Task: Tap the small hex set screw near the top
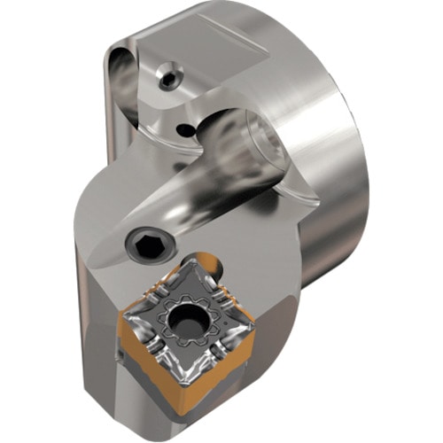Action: point(168,79)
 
